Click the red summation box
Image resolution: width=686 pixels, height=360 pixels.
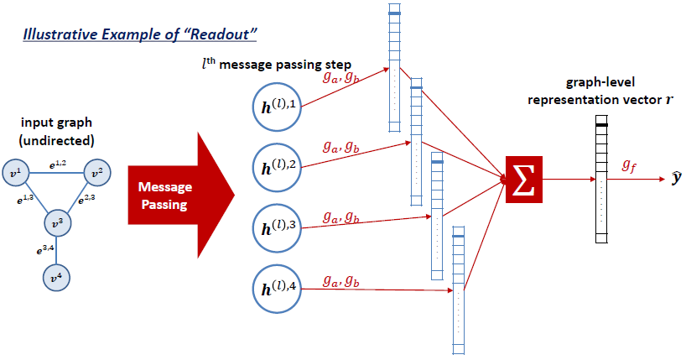click(524, 179)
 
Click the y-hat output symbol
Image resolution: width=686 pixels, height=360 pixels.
click(676, 179)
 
